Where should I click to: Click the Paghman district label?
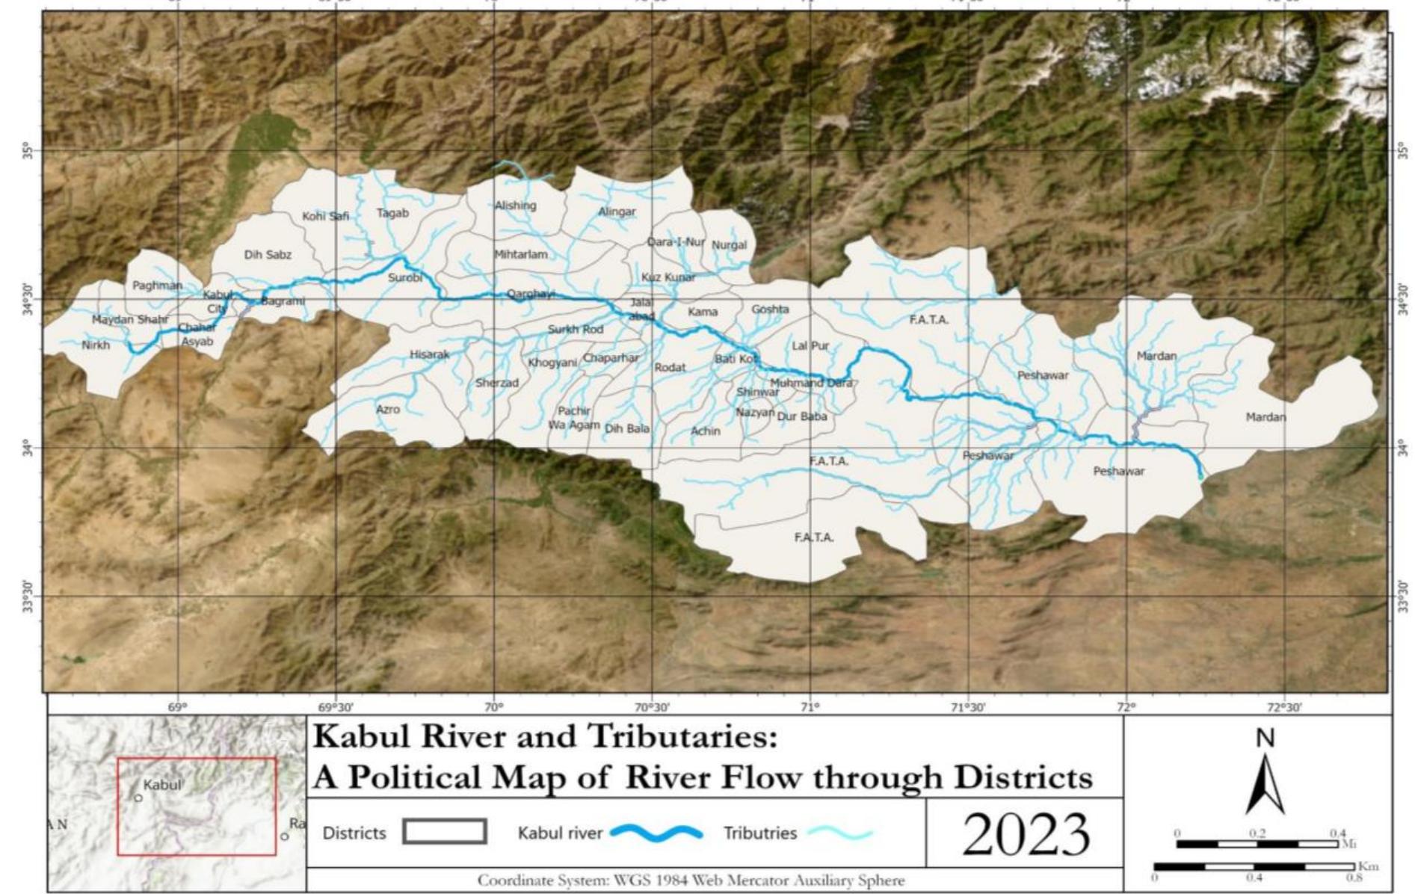click(157, 286)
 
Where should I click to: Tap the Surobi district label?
click(404, 278)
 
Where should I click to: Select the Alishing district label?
click(515, 206)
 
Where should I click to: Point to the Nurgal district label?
click(729, 245)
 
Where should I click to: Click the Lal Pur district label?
click(810, 346)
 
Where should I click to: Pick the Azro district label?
click(388, 410)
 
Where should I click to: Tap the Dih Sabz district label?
click(268, 255)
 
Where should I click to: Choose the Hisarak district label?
click(429, 355)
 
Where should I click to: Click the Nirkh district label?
click(96, 345)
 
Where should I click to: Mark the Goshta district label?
click(770, 309)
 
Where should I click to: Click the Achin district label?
click(705, 431)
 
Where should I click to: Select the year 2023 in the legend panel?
click(1026, 834)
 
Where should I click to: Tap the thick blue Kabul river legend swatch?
click(656, 833)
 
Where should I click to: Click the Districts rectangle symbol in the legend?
click(444, 832)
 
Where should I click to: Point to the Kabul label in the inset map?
click(162, 785)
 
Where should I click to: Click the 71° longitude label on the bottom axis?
click(810, 706)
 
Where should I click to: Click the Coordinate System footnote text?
click(691, 881)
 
